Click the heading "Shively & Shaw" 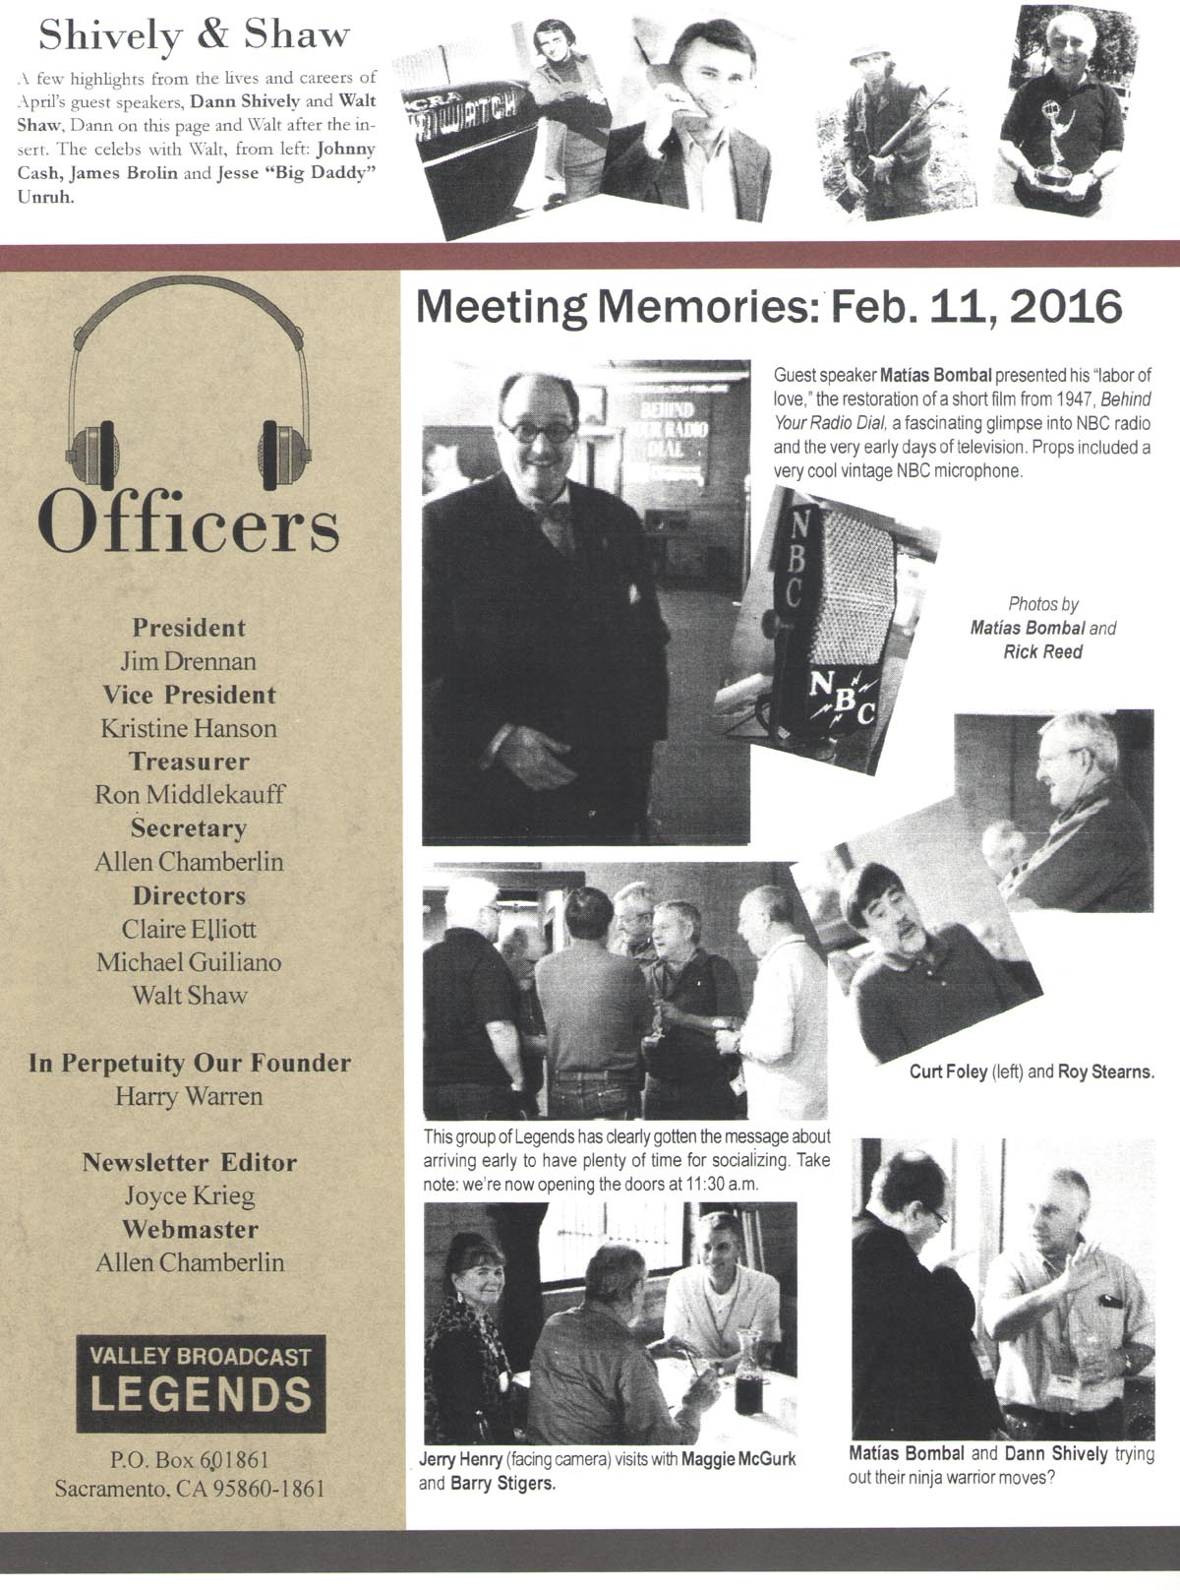(x=194, y=35)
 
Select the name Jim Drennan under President (x=189, y=661)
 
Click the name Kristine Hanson (x=189, y=728)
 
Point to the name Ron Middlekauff (x=189, y=795)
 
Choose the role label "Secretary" (x=189, y=828)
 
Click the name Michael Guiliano (x=189, y=962)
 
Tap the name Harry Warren (x=189, y=1096)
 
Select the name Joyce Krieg (x=189, y=1196)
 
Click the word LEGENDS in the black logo (x=201, y=1395)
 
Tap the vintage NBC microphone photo (x=826, y=630)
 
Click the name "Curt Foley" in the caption (x=948, y=1072)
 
